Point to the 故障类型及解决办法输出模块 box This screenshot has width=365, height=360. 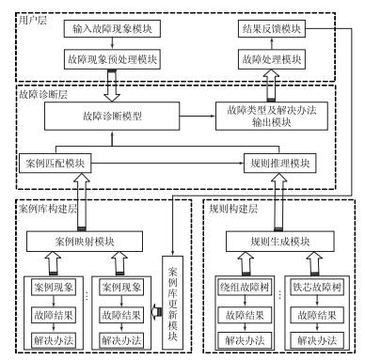pyautogui.click(x=273, y=117)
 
